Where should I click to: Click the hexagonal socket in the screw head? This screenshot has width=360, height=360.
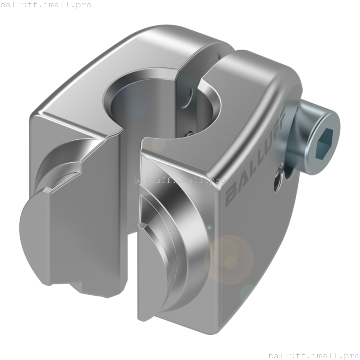pos(324,143)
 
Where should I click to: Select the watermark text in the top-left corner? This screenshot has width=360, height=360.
pos(46,5)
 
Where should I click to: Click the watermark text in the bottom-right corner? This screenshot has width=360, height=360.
pos(314,355)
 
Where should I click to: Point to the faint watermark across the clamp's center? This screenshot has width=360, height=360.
pos(180,180)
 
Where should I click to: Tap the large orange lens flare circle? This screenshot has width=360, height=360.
pos(229,260)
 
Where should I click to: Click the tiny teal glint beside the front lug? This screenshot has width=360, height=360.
pos(209,227)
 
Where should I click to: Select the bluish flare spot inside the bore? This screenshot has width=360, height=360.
pos(136,107)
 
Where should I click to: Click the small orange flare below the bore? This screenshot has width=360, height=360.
pos(158,145)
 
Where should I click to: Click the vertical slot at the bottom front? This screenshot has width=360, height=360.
pos(132,276)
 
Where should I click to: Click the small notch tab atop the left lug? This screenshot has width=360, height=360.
pos(47,190)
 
